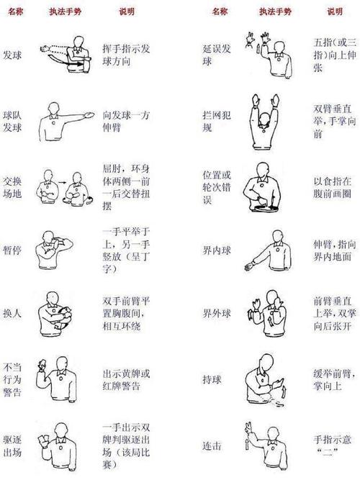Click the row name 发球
12,55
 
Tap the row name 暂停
12,250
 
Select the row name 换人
12,313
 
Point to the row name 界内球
217,250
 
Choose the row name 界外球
217,314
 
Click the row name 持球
212,379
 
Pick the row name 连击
212,445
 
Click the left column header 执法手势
66,12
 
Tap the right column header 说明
335,12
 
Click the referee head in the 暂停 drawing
49,237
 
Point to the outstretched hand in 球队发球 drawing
89,115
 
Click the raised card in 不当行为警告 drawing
41,364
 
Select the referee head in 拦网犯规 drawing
264,120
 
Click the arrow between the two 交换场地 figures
62,183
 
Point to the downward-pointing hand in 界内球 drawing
249,266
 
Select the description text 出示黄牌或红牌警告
126,379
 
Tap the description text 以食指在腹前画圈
332,187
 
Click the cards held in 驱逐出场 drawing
43,440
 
